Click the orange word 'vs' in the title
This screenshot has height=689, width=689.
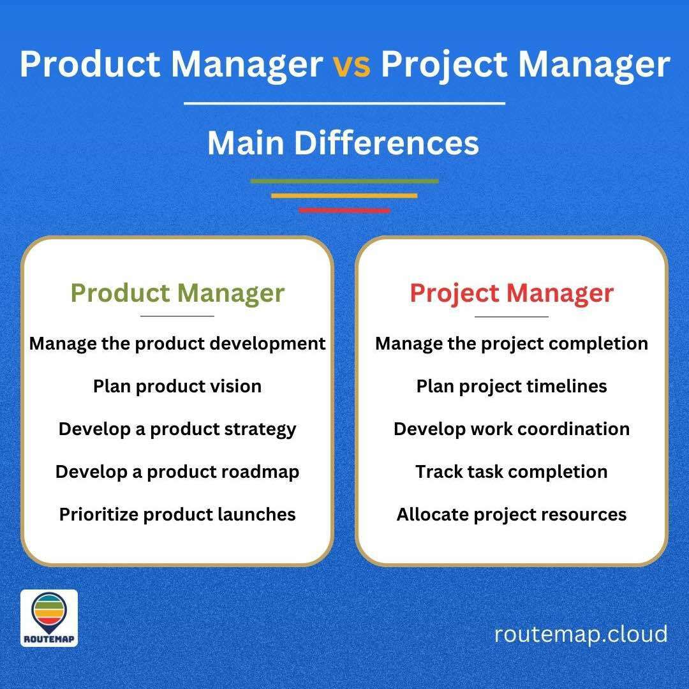pyautogui.click(x=352, y=64)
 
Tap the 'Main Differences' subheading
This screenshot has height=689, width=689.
pyautogui.click(x=343, y=143)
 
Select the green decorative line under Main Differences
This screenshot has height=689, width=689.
pyautogui.click(x=344, y=181)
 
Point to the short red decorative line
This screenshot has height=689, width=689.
pyautogui.click(x=344, y=210)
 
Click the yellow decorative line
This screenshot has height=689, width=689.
pyautogui.click(x=344, y=196)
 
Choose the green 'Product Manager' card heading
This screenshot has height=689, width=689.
pyautogui.click(x=177, y=293)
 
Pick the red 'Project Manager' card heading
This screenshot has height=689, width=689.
pyautogui.click(x=512, y=293)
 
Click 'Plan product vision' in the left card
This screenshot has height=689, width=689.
pyautogui.click(x=177, y=386)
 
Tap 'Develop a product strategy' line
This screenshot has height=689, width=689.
pyautogui.click(x=177, y=429)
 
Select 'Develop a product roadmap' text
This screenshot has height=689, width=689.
pyautogui.click(x=177, y=471)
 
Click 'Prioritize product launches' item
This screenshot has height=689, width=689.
pyautogui.click(x=177, y=514)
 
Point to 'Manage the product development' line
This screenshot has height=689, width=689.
pyautogui.click(x=177, y=343)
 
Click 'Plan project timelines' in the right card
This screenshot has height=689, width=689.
pyautogui.click(x=512, y=386)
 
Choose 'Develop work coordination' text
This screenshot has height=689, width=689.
pyautogui.click(x=512, y=429)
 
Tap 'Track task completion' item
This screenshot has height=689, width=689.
pyautogui.click(x=512, y=471)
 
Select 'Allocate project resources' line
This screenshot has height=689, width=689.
pyautogui.click(x=512, y=514)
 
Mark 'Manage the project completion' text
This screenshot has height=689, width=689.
pyautogui.click(x=512, y=343)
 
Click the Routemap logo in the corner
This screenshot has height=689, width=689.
pyautogui.click(x=49, y=618)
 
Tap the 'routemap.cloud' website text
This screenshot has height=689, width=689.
pyautogui.click(x=581, y=634)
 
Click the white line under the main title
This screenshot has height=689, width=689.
pyautogui.click(x=344, y=103)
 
